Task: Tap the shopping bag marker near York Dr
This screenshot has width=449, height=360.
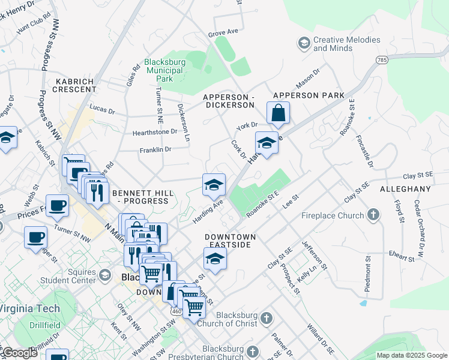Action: point(278,113)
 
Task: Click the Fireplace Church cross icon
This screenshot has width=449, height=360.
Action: point(374,214)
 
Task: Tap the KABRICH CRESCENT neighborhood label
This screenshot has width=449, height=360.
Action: point(76,85)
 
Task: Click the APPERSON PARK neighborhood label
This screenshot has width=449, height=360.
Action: point(309,95)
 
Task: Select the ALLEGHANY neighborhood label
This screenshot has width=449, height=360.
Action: point(405,189)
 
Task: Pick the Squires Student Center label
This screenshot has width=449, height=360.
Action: point(66,275)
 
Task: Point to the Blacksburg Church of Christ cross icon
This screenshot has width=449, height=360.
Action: point(267,317)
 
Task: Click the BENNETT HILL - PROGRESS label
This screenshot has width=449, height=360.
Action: point(143,197)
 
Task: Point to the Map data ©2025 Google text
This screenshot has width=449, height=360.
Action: point(411,355)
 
